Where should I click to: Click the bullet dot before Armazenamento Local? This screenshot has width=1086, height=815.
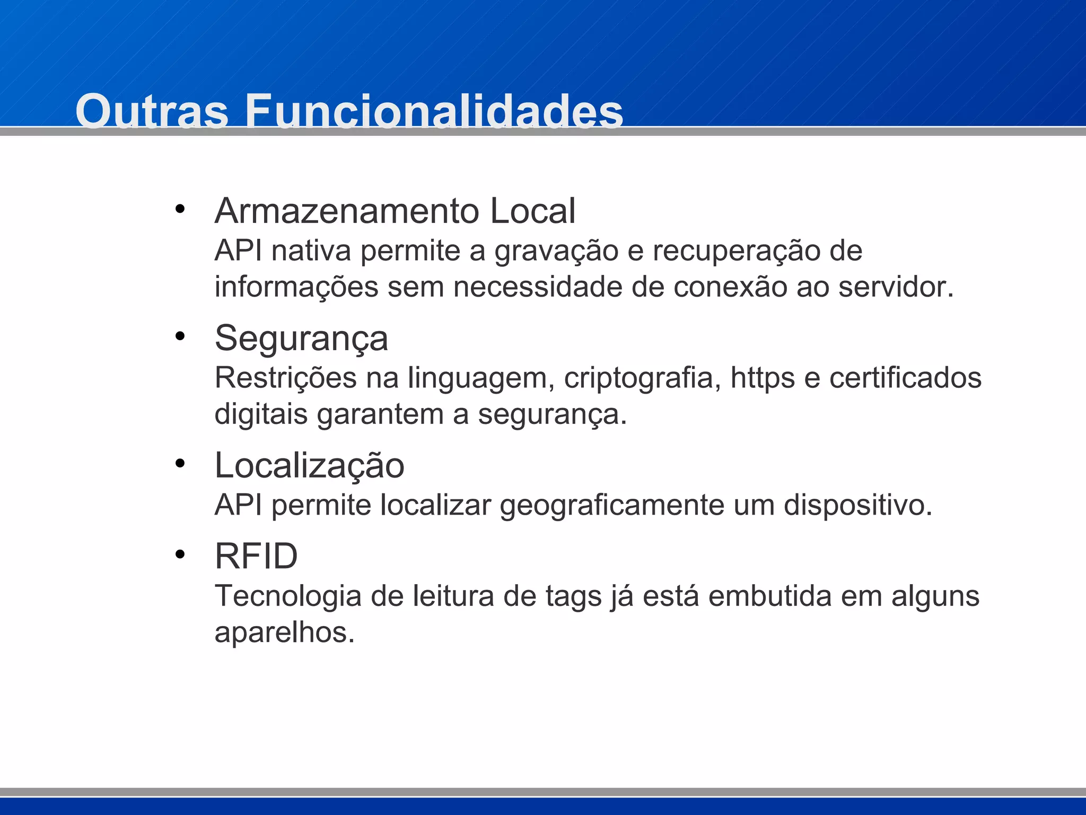coord(180,209)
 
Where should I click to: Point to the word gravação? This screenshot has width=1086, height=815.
coord(556,252)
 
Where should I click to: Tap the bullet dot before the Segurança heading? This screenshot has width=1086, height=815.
coord(180,336)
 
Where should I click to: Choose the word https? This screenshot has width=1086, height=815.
coord(763,378)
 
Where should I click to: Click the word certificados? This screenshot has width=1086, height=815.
coord(905,378)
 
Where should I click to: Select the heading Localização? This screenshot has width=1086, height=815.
coord(309,465)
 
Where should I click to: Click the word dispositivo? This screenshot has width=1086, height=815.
coord(857,505)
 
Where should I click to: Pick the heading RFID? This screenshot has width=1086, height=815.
coord(256,556)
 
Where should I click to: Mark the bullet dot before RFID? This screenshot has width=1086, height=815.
coord(180,554)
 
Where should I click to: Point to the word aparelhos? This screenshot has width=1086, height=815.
coord(284,632)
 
